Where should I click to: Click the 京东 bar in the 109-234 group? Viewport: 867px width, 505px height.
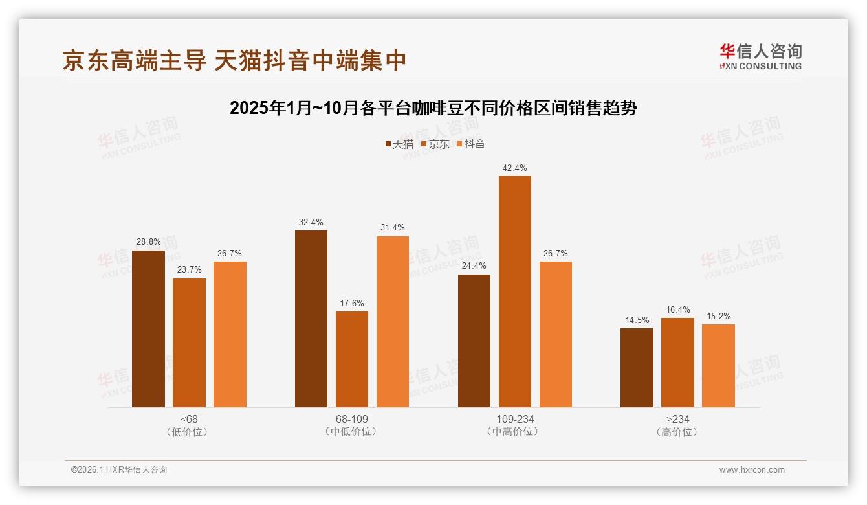pyautogui.click(x=514, y=291)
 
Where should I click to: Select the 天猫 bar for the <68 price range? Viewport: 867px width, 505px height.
pyautogui.click(x=148, y=329)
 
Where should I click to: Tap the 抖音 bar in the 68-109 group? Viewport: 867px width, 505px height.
pyautogui.click(x=393, y=322)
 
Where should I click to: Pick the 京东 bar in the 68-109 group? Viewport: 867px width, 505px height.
pyautogui.click(x=352, y=359)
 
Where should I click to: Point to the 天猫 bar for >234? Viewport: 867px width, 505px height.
pyautogui.click(x=637, y=368)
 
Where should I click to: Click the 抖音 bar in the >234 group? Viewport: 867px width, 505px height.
pyautogui.click(x=718, y=366)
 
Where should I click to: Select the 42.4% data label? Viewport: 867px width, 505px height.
pyautogui.click(x=514, y=168)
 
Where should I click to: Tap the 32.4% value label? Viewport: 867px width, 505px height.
pyautogui.click(x=311, y=223)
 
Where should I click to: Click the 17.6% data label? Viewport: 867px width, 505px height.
pyautogui.click(x=352, y=304)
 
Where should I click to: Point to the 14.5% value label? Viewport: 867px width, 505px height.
pyautogui.click(x=637, y=320)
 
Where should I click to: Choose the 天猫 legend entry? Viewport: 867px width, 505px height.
pyautogui.click(x=399, y=144)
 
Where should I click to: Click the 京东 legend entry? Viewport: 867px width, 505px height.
pyautogui.click(x=435, y=144)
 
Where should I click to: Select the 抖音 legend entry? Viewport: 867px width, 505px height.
pyautogui.click(x=471, y=144)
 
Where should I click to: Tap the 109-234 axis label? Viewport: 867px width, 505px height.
pyautogui.click(x=515, y=420)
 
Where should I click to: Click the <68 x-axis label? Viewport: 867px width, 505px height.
pyautogui.click(x=189, y=420)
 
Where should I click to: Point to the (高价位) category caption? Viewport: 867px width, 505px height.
pyautogui.click(x=677, y=432)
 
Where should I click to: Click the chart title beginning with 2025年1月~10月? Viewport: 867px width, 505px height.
pyautogui.click(x=433, y=108)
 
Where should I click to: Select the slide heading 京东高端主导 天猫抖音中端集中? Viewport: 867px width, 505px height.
pyautogui.click(x=234, y=60)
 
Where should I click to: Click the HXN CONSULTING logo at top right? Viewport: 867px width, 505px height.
pyautogui.click(x=760, y=57)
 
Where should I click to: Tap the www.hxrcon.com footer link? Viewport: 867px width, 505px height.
pyautogui.click(x=752, y=470)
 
